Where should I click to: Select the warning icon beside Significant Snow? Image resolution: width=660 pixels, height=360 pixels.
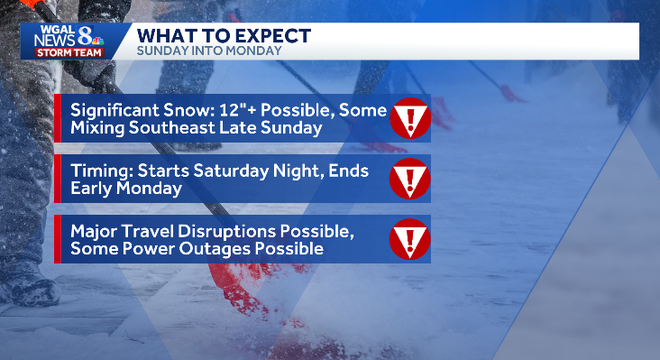(409, 119)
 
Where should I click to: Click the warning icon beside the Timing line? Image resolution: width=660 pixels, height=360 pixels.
(409, 180)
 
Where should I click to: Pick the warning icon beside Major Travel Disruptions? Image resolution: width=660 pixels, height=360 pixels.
(409, 240)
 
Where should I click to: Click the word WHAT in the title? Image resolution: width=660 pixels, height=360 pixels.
(164, 36)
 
